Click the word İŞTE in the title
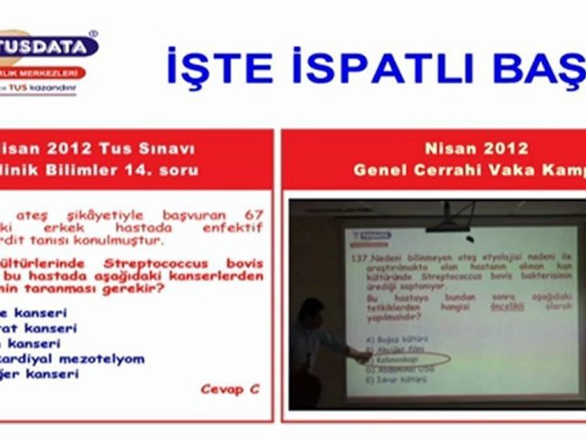tap(220, 67)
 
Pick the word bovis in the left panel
tap(244, 263)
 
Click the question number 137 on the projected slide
tap(356, 260)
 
